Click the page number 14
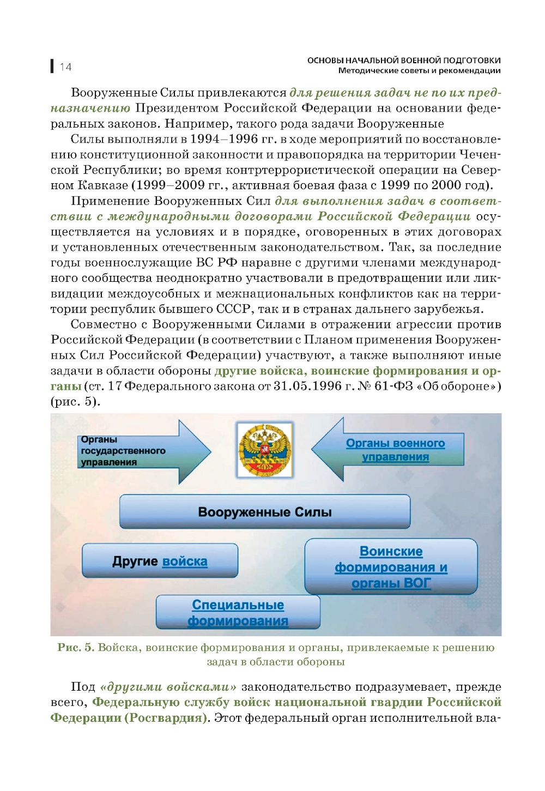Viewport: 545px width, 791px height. (x=65, y=67)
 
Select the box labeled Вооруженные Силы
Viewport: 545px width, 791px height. (x=265, y=512)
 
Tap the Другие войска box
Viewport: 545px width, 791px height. (x=160, y=561)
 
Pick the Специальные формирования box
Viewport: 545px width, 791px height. (x=238, y=612)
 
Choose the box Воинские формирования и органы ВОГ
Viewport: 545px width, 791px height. (x=391, y=567)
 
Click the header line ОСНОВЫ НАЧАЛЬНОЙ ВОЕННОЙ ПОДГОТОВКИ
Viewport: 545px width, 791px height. (x=404, y=61)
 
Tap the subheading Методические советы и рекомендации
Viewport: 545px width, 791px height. (x=419, y=70)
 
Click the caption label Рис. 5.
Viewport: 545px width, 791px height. (x=76, y=648)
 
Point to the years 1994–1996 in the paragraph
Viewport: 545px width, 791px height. (x=224, y=139)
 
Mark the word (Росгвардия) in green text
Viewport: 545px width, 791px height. (x=166, y=717)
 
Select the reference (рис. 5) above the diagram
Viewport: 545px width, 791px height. (x=75, y=402)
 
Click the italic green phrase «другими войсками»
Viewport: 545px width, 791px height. (x=168, y=687)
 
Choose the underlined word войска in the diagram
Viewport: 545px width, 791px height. (x=185, y=561)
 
